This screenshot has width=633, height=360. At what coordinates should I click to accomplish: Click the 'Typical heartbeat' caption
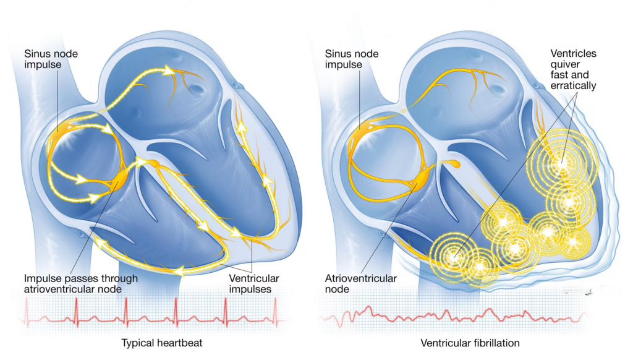(162, 343)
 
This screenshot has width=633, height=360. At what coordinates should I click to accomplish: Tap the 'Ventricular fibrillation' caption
(470, 343)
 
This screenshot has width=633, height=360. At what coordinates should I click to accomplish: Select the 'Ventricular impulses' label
(254, 284)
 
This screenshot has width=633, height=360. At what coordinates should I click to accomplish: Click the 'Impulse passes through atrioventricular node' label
(81, 284)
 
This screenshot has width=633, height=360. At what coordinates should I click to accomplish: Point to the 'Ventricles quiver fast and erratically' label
(573, 69)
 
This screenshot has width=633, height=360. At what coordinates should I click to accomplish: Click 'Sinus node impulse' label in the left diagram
(51, 59)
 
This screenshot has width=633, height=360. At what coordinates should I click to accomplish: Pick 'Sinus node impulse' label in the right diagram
(352, 59)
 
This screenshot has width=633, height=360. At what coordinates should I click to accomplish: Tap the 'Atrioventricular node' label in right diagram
(360, 284)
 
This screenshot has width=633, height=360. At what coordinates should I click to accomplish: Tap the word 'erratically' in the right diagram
(573, 85)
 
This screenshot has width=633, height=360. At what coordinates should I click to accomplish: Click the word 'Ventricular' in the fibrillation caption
(446, 343)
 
